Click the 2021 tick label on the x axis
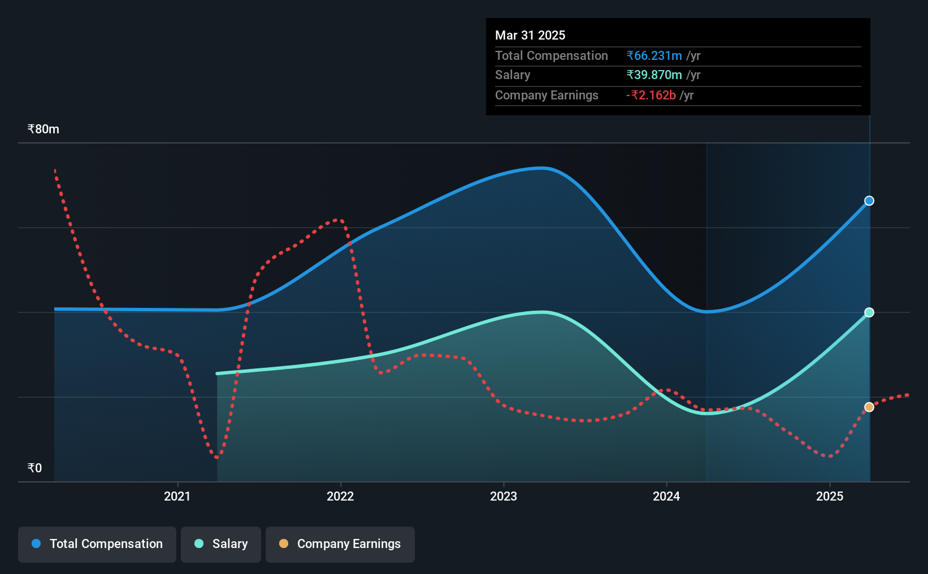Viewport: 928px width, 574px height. click(177, 496)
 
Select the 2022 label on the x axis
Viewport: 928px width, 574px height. click(340, 496)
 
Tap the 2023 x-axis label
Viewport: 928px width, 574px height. click(504, 496)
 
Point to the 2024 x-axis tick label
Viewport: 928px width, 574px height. click(666, 496)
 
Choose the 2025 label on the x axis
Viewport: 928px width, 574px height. click(830, 496)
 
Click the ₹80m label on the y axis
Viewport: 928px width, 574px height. click(44, 129)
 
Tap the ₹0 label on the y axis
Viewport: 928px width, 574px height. click(35, 468)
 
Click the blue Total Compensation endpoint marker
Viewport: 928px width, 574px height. click(869, 201)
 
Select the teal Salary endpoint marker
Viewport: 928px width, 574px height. click(869, 312)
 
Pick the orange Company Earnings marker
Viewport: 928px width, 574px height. click(869, 407)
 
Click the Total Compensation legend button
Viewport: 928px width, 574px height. click(97, 544)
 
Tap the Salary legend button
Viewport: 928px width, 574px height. click(221, 544)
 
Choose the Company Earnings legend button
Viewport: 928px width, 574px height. click(340, 544)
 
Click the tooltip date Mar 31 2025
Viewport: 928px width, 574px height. click(530, 35)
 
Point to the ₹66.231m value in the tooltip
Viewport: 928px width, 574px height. click(654, 55)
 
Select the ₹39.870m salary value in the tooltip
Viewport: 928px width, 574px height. click(654, 75)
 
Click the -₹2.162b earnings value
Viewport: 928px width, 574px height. click(651, 95)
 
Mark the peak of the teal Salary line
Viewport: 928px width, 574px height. click(542, 312)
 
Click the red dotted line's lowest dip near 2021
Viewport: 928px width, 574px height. click(217, 457)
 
